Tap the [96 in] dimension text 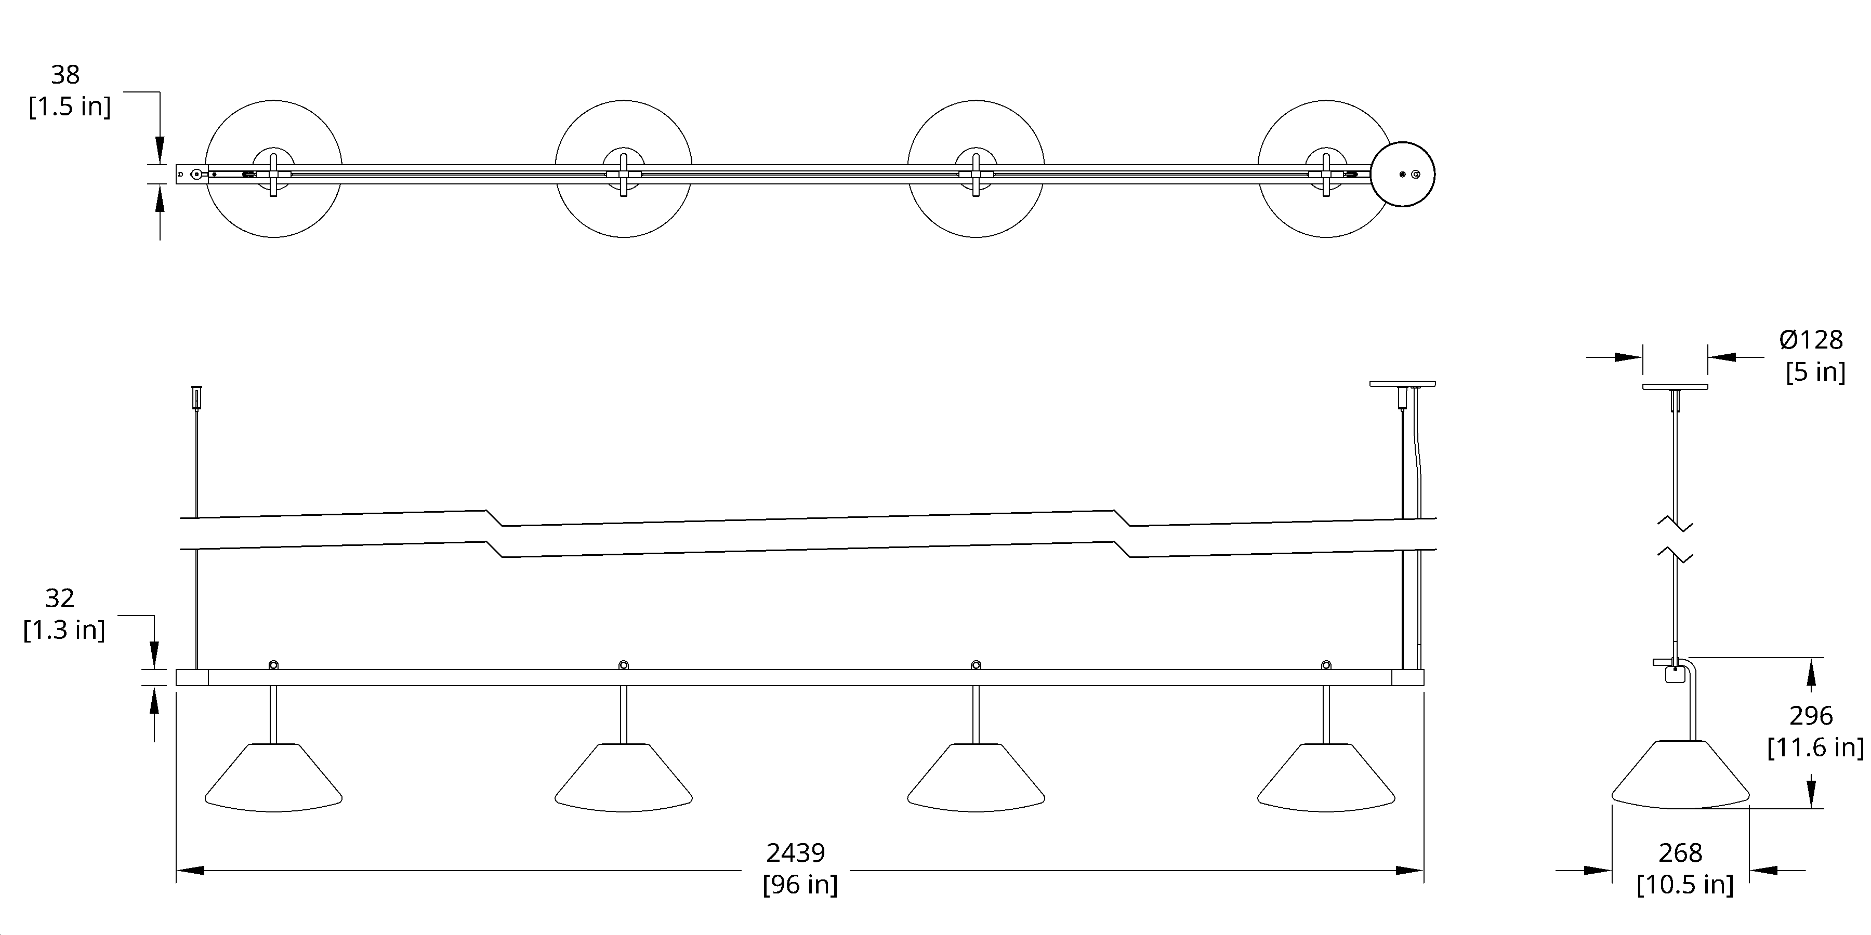click(x=800, y=885)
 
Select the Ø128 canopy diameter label click(x=1811, y=340)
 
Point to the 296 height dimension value click(x=1811, y=716)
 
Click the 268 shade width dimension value click(x=1680, y=853)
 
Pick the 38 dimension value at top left click(x=65, y=75)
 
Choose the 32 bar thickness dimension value click(x=60, y=598)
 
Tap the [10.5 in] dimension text click(x=1685, y=885)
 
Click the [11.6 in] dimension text click(x=1815, y=747)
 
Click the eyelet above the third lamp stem click(x=976, y=665)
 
